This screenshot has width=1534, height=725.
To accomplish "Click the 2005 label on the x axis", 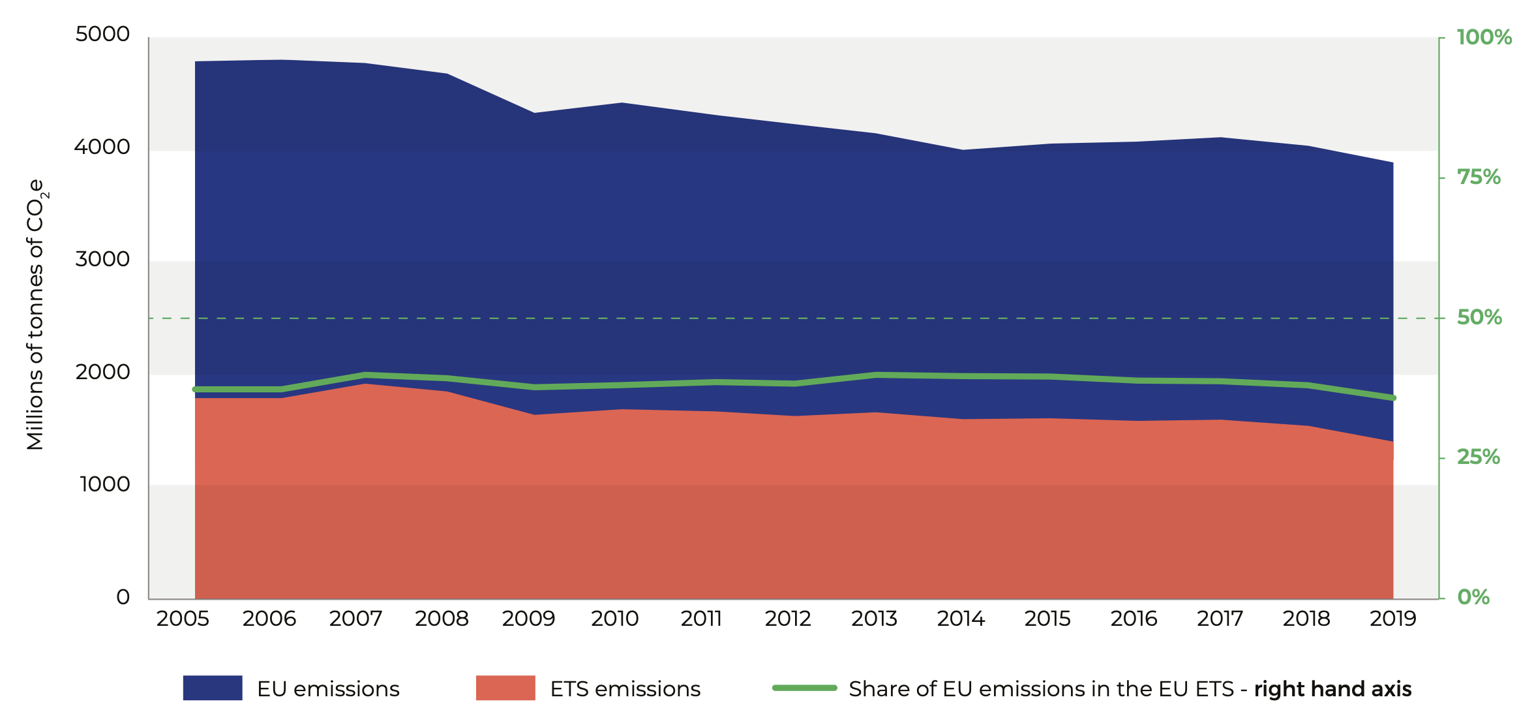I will tap(183, 619).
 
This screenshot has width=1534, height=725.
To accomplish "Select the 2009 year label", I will tap(528, 619).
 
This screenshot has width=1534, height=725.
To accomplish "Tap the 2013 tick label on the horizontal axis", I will tap(874, 619).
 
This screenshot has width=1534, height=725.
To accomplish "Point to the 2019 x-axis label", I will tap(1392, 619).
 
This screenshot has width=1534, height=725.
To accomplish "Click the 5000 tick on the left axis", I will tap(102, 34).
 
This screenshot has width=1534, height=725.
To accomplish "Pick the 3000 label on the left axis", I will tap(102, 259).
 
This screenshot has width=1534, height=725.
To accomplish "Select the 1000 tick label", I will tap(104, 484).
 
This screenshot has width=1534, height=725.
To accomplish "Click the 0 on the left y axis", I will tap(123, 597).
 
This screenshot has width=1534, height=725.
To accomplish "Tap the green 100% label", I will tap(1484, 37).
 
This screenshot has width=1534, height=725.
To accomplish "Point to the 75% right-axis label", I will tap(1479, 177).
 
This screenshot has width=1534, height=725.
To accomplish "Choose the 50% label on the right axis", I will tap(1479, 318).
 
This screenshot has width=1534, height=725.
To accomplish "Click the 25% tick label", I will tap(1479, 457).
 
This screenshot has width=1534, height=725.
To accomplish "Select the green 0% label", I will tap(1473, 597).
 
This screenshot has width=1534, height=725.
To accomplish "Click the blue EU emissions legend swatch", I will tap(213, 688).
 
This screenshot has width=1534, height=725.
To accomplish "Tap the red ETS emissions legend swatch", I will tap(505, 688).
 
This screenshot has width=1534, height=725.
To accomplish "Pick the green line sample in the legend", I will tap(804, 688).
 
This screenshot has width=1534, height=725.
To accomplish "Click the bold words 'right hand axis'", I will tap(1332, 689).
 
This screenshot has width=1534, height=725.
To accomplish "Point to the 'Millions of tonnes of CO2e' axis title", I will tap(36, 315).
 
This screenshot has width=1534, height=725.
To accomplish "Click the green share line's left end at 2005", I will tap(195, 390).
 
